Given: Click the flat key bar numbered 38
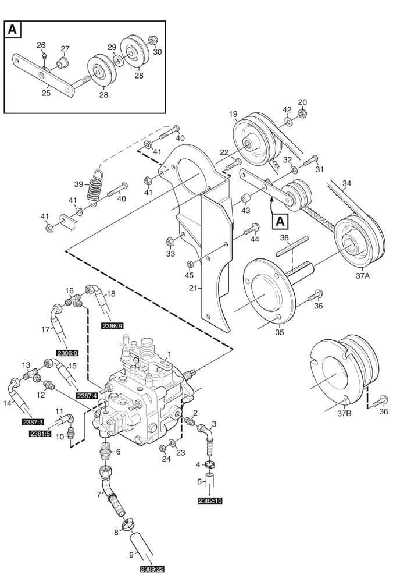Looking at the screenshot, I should [291, 248].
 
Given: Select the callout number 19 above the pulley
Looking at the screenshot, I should [233, 115].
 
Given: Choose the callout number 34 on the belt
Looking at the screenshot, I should [347, 184].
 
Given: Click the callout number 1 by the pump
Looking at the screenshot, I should [169, 354].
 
